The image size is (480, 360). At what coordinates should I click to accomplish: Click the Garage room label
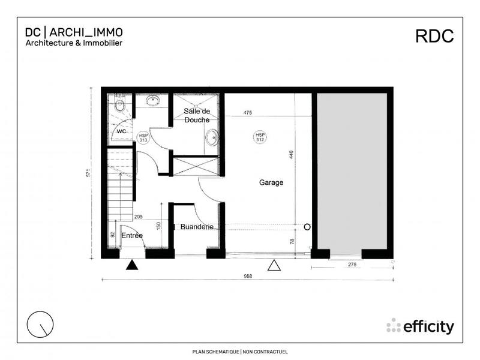tap(271, 182)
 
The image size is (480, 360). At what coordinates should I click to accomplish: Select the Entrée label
tap(132, 236)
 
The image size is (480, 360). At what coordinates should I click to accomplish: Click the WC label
tap(121, 131)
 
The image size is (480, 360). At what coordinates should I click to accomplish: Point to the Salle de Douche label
tap(197, 116)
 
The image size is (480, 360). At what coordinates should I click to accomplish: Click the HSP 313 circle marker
tap(144, 138)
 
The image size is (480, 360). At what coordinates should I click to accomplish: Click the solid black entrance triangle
tap(133, 265)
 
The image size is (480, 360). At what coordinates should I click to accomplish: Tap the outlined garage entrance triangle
tap(275, 265)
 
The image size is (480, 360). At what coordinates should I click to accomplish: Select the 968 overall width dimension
tap(248, 277)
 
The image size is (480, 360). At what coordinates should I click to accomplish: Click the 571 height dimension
tap(88, 173)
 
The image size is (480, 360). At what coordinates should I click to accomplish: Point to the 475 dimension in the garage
tap(247, 113)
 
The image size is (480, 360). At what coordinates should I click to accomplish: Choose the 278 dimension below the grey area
tap(352, 265)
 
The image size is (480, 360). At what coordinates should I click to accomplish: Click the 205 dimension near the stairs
tap(138, 217)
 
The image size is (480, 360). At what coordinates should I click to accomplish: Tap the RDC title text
tap(435, 36)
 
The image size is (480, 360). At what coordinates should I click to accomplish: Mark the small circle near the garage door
tap(307, 227)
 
